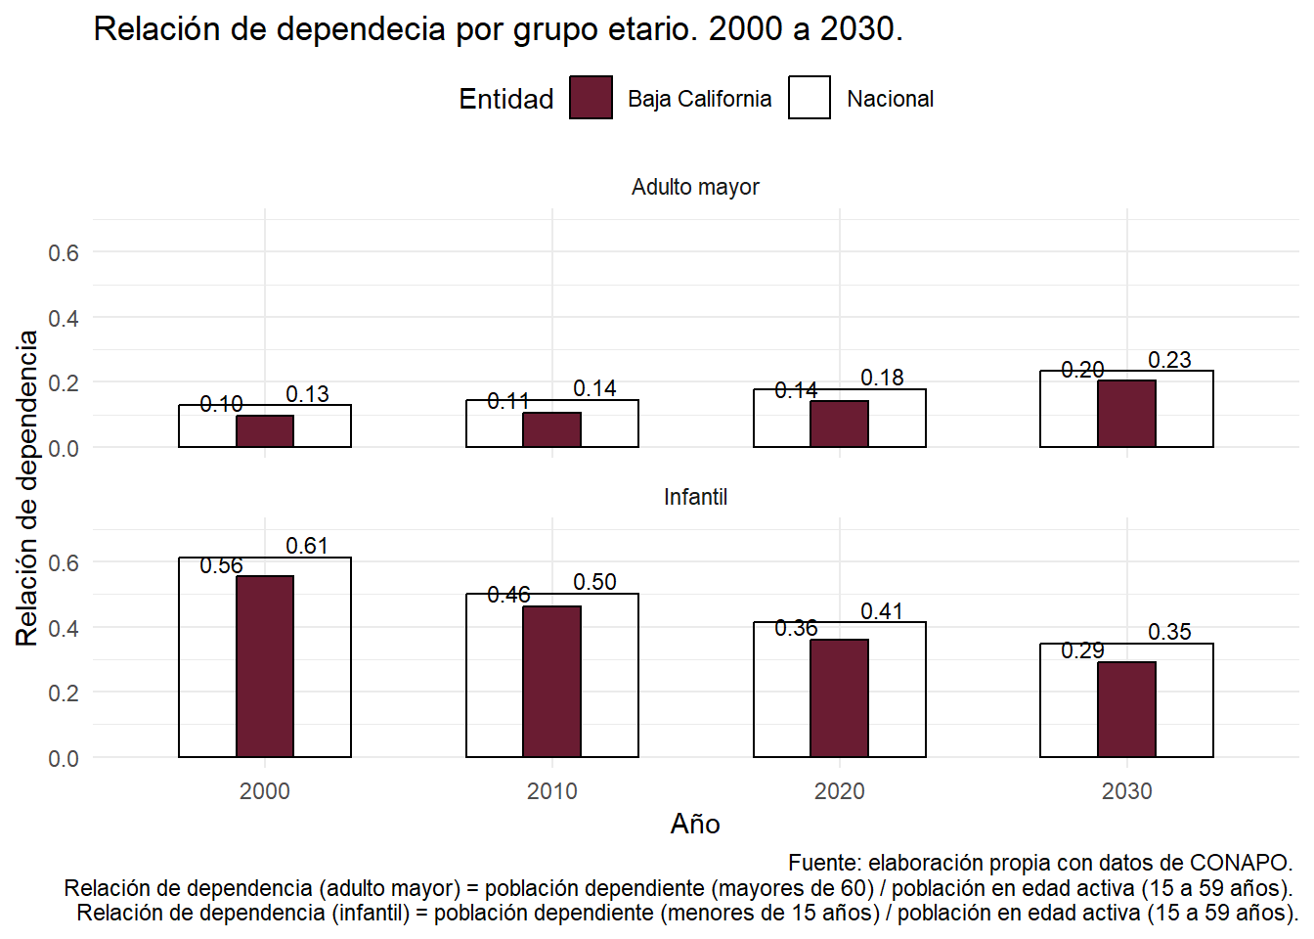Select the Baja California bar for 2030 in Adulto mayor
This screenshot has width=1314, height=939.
pos(1126,414)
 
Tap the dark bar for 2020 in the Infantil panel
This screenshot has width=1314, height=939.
pos(839,697)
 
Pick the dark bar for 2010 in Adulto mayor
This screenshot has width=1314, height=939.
pos(551,430)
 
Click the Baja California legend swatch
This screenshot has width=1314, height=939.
pos(591,98)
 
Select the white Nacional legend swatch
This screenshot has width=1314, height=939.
pos(810,98)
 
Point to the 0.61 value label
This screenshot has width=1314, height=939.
pos(307,546)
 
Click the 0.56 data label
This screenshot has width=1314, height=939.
pos(221,565)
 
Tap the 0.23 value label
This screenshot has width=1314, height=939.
pos(1169,360)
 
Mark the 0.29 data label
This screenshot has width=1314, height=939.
pos(1082,650)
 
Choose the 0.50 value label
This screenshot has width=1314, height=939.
pos(594,582)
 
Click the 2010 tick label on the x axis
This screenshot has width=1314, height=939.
pos(551,791)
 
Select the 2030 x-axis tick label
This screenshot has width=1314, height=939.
pos(1126,791)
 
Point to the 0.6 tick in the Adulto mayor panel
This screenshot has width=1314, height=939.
pos(64,252)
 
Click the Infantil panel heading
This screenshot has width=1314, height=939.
pos(695,497)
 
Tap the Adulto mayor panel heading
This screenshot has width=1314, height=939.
pos(695,187)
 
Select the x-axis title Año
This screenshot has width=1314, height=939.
pos(695,824)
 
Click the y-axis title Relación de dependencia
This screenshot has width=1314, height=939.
pos(27,487)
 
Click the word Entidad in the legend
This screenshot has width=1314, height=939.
pos(505,99)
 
